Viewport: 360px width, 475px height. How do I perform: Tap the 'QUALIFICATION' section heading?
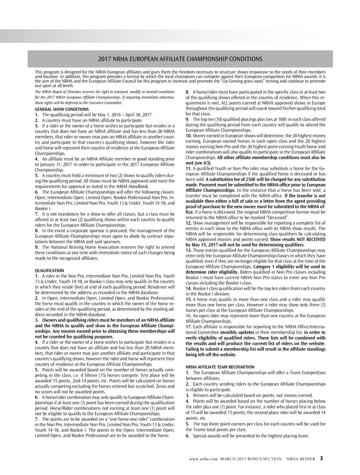pyautogui.click(x=49, y=271)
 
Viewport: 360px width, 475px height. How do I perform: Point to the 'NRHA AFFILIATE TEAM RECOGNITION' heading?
pyautogui.click(x=220, y=367)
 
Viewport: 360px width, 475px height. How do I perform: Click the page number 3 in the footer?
pyautogui.click(x=321, y=458)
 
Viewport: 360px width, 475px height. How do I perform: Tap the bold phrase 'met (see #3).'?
pyautogui.click(x=198, y=163)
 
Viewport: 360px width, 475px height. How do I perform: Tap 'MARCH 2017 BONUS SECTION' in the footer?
pyautogui.click(x=251, y=459)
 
